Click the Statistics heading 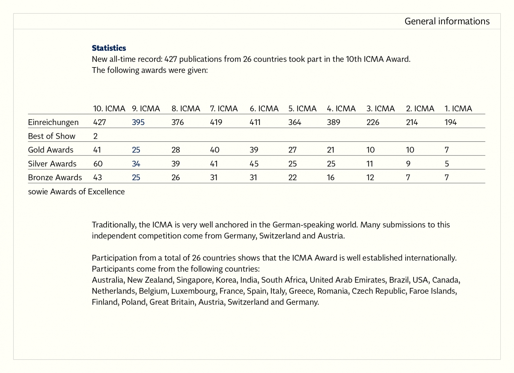click(109, 48)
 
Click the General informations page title click(447, 21)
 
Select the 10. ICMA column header click(109, 109)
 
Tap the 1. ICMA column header click(458, 109)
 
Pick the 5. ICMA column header click(302, 109)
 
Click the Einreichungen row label click(53, 122)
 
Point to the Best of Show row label click(51, 136)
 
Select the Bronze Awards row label click(55, 177)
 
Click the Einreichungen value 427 click(99, 122)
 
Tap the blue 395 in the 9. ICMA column click(138, 122)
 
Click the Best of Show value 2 click(95, 136)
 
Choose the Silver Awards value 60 click(98, 164)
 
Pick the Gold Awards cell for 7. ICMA click(215, 150)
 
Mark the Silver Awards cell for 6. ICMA click(254, 164)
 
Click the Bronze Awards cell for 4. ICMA click(330, 177)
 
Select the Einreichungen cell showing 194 click(450, 122)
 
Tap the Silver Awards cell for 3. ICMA click(369, 164)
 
